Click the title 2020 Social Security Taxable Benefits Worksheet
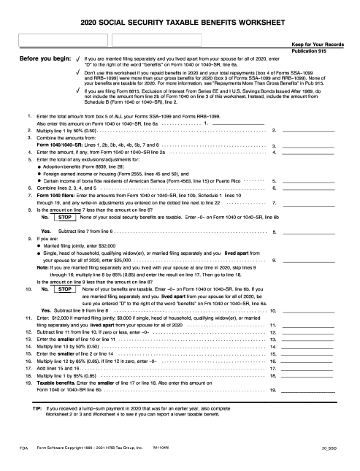pos(180,23)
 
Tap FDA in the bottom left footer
pos(24,446)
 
